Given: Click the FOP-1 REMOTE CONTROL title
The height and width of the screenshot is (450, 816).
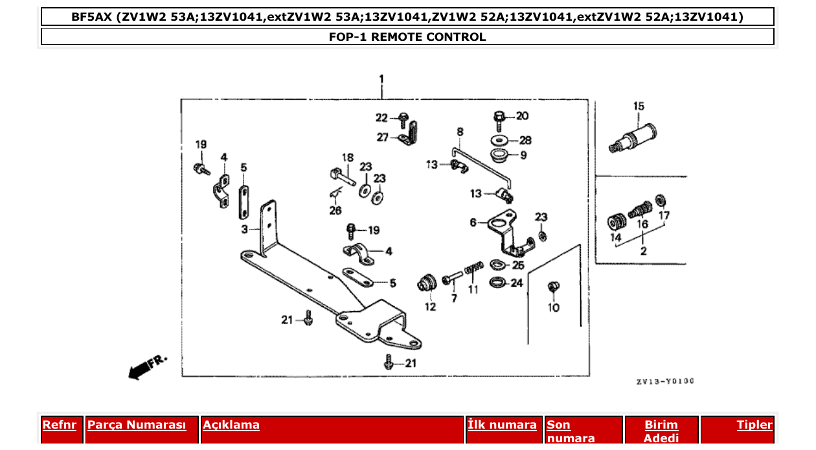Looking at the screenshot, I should [407, 37].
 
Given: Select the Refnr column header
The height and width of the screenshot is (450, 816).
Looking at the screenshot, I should [59, 425].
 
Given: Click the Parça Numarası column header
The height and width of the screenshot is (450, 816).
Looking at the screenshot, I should [137, 425].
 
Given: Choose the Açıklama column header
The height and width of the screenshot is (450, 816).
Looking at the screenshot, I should [231, 425].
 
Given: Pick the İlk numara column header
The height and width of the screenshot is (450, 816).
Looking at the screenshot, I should [502, 425].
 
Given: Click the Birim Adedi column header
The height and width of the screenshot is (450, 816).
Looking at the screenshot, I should [661, 432].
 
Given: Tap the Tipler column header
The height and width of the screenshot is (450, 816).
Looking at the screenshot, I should [754, 425].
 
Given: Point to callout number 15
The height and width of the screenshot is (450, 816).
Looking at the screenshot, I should [639, 106].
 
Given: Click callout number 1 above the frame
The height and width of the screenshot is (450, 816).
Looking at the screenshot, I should [381, 79].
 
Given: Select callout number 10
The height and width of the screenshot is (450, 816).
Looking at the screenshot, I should [554, 308].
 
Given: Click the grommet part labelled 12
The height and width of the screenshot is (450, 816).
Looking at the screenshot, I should [427, 283].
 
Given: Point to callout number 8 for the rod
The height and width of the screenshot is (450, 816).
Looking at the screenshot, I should [460, 132].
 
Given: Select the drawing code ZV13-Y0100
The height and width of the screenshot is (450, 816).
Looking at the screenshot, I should [664, 381].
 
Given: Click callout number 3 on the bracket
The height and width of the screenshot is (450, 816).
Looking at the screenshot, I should [245, 230].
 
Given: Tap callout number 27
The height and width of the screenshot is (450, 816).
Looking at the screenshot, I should [383, 137].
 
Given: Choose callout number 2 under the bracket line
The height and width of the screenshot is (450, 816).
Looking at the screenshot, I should [643, 251].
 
